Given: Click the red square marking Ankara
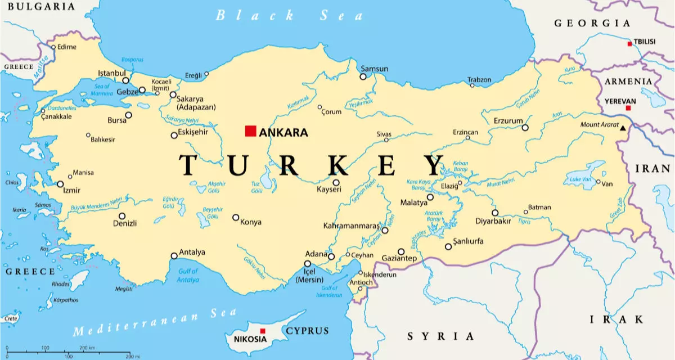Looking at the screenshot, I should [x=250, y=131].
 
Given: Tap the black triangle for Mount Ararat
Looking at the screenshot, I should [x=623, y=128].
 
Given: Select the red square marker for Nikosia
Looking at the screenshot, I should [x=262, y=331].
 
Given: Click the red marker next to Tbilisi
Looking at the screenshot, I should [x=629, y=43].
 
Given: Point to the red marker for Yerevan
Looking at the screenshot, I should [x=628, y=107].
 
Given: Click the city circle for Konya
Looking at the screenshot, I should [x=236, y=218].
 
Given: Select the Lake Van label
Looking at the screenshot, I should [x=580, y=179].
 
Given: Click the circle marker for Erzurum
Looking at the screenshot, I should [x=525, y=128].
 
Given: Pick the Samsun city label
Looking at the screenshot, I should [x=374, y=69].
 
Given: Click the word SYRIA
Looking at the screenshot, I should [x=441, y=336].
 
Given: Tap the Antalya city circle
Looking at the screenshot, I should [x=174, y=256].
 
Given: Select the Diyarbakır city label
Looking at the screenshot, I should [x=477, y=221].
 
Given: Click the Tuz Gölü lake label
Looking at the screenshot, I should [x=257, y=187].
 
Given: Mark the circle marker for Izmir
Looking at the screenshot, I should [x=60, y=184].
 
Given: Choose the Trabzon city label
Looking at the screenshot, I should [x=480, y=80].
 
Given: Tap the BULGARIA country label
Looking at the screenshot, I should [x=37, y=7].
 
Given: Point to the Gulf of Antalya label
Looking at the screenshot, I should [x=188, y=276].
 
